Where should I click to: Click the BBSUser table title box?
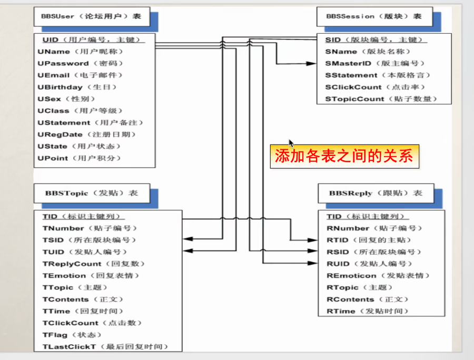92,17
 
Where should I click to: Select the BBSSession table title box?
374,17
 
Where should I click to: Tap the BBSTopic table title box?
92,193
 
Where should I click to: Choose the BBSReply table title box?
376,193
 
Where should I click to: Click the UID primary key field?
92,40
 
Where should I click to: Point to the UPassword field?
80,64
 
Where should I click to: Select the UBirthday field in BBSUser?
77,87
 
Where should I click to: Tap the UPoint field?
79,158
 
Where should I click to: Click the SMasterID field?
375,64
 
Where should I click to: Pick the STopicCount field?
381,99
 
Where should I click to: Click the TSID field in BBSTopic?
89,240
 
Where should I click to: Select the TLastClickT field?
105,347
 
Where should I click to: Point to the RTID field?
369,240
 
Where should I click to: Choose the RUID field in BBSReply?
369,264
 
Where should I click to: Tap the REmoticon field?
378,276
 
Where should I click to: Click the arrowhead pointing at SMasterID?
311,64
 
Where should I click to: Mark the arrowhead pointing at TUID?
188,251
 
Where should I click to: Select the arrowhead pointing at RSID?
312,251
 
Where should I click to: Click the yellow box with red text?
344,157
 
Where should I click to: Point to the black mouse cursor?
291,143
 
